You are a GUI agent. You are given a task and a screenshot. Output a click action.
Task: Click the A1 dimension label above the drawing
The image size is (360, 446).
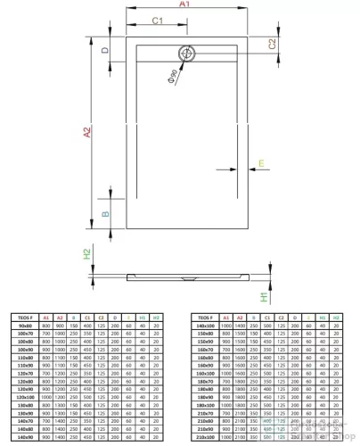pos(184,5)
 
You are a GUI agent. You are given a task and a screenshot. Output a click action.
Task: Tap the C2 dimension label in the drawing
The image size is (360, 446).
pos(272,43)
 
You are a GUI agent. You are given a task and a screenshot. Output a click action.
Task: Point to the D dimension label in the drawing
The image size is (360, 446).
pos(104,51)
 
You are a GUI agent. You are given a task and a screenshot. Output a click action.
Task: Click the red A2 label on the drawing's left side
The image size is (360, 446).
pos(86,134)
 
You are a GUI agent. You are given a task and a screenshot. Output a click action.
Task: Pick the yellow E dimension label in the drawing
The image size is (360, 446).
pos(261,162)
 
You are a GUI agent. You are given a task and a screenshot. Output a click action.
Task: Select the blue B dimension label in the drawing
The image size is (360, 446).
pos(104,213)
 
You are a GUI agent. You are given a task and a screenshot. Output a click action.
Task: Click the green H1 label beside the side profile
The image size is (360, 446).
pos(264,295)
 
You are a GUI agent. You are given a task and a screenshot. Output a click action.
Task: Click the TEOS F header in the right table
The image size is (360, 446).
pos(205,317)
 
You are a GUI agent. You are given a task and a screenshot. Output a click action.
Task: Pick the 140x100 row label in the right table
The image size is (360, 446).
pos(205,326)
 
